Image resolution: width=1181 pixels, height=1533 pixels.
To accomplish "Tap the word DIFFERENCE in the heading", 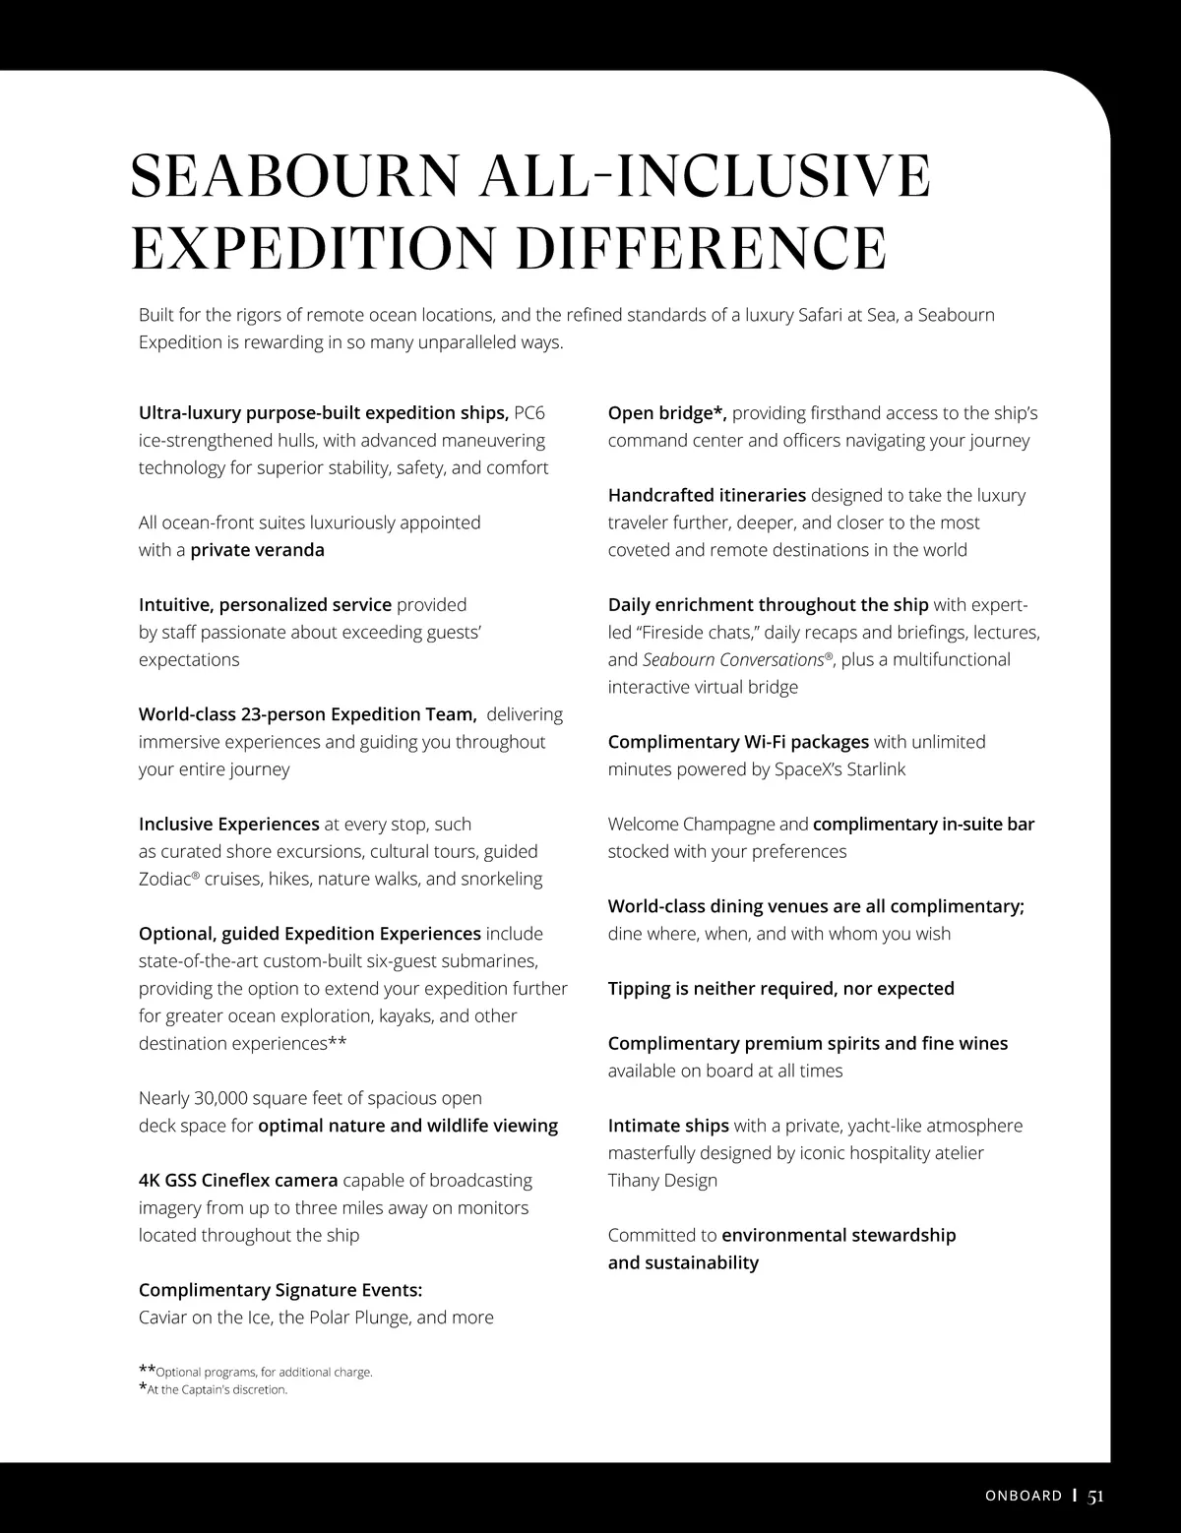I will point(701,248).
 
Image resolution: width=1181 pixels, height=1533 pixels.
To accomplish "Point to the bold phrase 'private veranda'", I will point(257,550).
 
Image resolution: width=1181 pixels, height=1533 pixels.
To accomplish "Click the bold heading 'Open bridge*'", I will point(666,413).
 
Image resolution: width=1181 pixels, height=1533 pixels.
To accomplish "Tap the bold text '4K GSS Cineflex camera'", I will point(238,1180).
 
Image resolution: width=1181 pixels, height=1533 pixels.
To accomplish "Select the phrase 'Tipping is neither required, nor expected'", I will point(780,988).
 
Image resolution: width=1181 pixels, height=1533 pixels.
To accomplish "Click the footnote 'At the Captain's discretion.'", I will point(217,1390).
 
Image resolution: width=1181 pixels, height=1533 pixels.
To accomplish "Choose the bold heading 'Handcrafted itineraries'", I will point(707,495).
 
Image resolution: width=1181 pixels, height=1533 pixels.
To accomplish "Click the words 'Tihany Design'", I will point(662,1180).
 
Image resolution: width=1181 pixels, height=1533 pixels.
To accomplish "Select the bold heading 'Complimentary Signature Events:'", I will point(280,1290).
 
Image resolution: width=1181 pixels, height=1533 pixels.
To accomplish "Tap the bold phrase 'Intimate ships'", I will point(668,1125).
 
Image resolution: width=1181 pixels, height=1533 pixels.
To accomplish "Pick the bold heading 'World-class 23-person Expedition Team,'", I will point(308,714).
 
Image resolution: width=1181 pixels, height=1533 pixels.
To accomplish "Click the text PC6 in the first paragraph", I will point(529,413).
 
